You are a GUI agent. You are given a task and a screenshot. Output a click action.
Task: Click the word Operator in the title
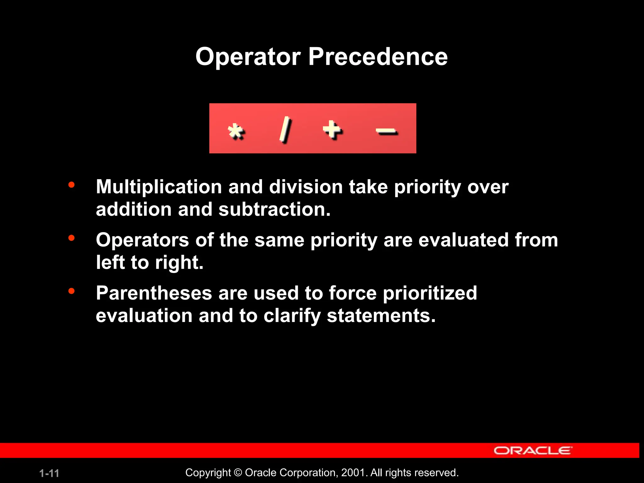point(248,57)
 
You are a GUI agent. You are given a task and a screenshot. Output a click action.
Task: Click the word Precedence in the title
point(378,57)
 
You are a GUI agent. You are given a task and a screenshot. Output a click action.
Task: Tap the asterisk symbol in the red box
point(236,131)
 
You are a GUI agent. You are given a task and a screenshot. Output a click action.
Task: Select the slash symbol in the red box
point(286,129)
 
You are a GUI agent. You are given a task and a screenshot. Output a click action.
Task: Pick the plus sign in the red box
point(332,129)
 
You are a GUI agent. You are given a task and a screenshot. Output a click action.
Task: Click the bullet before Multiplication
point(71,185)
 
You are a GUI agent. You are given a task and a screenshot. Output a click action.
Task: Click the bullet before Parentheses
point(71,291)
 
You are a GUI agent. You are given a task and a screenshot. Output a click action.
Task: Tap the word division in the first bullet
point(306,187)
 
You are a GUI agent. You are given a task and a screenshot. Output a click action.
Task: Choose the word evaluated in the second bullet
point(463,240)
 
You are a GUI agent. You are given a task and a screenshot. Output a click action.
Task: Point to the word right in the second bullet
point(179,263)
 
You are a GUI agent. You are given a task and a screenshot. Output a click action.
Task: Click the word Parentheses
point(154,293)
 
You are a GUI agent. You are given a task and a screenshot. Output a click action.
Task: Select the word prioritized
point(430,293)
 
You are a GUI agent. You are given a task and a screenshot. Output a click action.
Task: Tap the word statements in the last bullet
point(381,316)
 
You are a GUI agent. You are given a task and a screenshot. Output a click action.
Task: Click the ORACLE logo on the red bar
point(533,451)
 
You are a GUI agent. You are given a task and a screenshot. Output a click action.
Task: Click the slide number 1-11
point(49,473)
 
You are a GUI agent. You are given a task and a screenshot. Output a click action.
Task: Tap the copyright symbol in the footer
point(238,473)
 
